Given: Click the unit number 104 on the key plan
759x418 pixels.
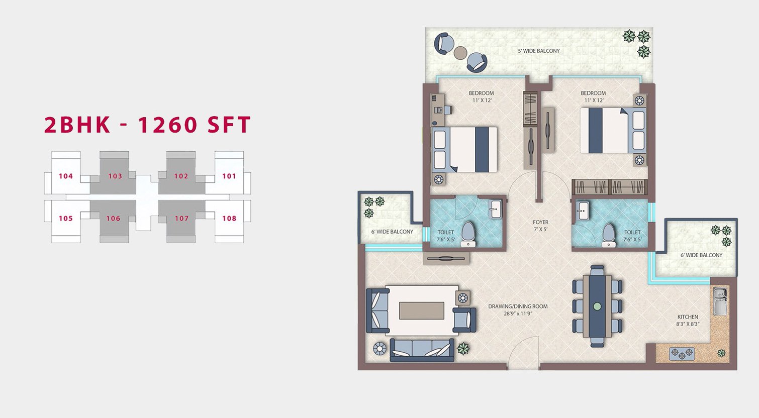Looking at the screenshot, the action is click(66, 176).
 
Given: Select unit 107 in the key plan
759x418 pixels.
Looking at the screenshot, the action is click(181, 219).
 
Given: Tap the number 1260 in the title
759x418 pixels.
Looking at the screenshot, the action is click(167, 125).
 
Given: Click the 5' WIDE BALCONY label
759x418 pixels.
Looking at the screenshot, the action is click(539, 51).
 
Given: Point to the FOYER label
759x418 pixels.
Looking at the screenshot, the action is click(540, 222).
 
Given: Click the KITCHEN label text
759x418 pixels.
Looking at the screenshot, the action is click(688, 317).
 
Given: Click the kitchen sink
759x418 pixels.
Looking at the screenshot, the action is click(720, 301).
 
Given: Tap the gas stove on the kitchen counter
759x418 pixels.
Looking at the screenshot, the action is click(682, 354).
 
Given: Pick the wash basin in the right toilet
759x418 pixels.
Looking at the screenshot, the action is click(583, 211).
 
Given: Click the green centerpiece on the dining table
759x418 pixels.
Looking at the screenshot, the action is click(597, 306).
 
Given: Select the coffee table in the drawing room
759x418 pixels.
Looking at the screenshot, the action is click(422, 310).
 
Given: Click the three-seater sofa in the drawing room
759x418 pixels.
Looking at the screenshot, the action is click(422, 350).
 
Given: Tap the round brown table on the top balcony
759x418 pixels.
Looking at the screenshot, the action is click(460, 53).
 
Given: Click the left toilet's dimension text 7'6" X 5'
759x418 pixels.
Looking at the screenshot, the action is click(446, 240).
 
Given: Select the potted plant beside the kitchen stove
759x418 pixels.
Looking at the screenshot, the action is click(722, 353).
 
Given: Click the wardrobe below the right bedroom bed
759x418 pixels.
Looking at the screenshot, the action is click(610, 187).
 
